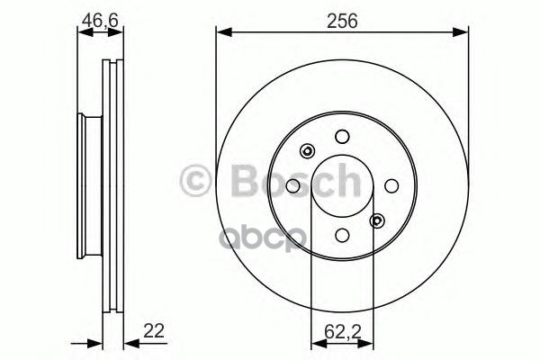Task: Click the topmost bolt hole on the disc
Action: [341, 137]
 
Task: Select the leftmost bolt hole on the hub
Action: [292, 185]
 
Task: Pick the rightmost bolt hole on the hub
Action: [390, 185]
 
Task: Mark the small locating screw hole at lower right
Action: [376, 220]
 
